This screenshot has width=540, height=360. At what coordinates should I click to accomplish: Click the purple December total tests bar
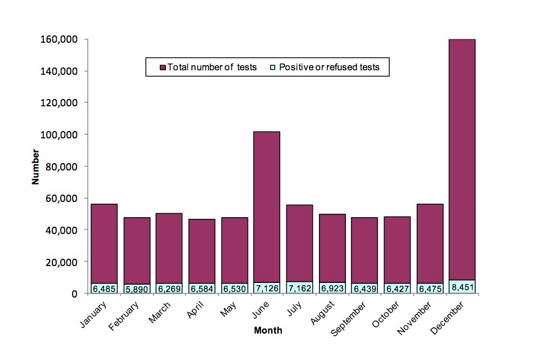(462, 157)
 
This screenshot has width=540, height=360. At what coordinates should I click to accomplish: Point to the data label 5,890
(137, 289)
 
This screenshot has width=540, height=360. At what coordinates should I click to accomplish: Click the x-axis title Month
(268, 331)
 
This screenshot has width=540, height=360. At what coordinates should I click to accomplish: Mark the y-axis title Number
(35, 166)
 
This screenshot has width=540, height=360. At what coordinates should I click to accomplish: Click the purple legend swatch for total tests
(163, 67)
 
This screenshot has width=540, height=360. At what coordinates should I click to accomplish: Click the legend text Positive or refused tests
(329, 67)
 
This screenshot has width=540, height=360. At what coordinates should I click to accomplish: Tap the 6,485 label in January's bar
(104, 289)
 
